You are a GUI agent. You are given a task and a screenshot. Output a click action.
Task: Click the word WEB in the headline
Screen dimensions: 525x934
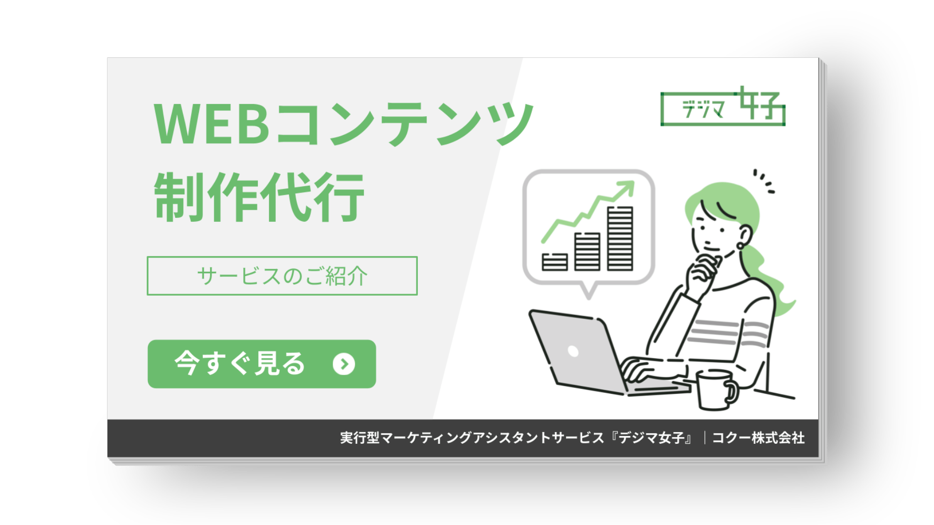(212, 124)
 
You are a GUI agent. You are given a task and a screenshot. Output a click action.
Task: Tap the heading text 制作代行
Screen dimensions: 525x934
(259, 197)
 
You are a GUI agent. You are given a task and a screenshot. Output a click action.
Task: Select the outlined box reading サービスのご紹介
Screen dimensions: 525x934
(282, 276)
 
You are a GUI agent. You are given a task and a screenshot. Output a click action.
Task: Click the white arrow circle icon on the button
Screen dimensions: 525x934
(344, 364)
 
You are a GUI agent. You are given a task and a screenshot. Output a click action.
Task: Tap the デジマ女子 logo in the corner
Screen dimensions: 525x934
(723, 107)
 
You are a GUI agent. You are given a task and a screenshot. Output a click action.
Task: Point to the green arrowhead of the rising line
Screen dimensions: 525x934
(628, 187)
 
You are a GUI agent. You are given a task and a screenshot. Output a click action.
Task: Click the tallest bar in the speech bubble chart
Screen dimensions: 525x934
(620, 238)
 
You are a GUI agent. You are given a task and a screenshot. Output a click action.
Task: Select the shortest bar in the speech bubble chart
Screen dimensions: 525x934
(555, 262)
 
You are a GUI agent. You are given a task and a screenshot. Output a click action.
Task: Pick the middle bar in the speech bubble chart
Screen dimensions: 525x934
(587, 251)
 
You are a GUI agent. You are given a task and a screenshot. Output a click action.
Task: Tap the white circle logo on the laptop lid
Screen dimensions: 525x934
(573, 351)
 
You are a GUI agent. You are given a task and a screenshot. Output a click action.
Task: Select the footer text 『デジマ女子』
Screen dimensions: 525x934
(652, 438)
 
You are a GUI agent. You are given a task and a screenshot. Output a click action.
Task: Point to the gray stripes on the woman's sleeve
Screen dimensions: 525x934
(730, 333)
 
